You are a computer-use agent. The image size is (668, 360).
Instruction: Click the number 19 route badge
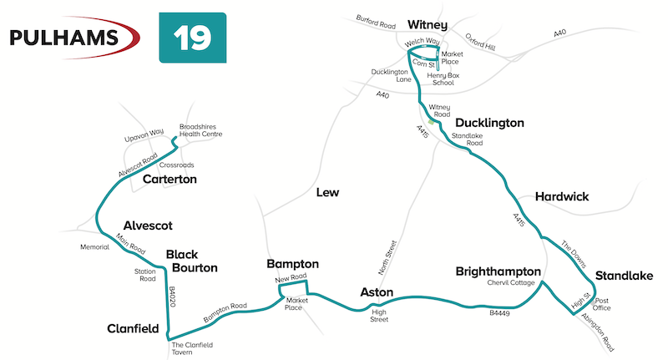[192, 38]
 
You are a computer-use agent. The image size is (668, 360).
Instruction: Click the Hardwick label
[562, 196]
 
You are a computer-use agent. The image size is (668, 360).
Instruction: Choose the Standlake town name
[623, 276]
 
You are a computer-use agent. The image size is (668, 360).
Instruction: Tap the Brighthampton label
[498, 272]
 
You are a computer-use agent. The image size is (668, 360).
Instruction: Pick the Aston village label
[376, 292]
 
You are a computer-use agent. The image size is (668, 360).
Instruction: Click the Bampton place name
[293, 264]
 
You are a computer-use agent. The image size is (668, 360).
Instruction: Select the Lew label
[327, 193]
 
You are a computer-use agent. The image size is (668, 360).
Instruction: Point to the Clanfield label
[133, 329]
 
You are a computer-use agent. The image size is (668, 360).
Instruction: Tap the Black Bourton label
[191, 261]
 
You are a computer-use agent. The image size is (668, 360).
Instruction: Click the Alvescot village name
[147, 226]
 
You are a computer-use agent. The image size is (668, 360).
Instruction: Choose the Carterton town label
[169, 180]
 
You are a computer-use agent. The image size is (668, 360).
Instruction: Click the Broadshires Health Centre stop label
[201, 132]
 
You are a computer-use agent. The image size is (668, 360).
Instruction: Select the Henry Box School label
[443, 79]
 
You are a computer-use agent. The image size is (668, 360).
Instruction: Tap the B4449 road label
[498, 312]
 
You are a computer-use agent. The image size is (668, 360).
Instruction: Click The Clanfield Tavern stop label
[193, 348]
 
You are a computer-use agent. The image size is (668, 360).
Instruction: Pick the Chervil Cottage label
[510, 283]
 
